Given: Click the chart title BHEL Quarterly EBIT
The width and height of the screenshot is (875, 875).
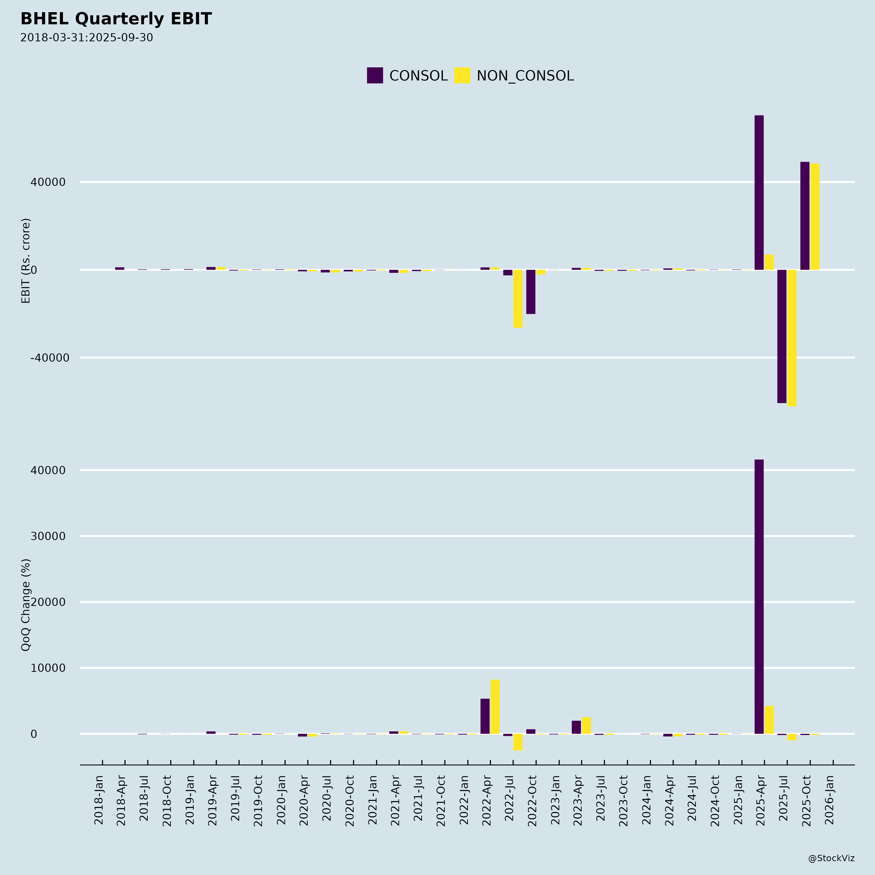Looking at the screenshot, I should pos(116,19).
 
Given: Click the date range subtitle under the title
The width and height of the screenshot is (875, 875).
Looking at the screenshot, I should pos(87,38).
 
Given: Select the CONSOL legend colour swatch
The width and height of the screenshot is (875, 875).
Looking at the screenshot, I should pos(375,75).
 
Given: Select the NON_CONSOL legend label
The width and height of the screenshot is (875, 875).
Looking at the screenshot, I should pos(525,76).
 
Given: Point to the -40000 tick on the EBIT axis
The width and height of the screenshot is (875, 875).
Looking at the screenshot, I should pos(50,358).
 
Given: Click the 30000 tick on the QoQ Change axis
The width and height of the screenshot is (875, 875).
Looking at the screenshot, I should pos(48,536).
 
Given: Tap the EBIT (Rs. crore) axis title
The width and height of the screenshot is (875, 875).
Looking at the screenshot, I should pos(26,261).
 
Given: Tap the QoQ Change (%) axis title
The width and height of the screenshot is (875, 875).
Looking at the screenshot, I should pos(26,605).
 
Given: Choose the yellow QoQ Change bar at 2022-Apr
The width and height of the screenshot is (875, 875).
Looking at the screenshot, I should pos(495,707).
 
